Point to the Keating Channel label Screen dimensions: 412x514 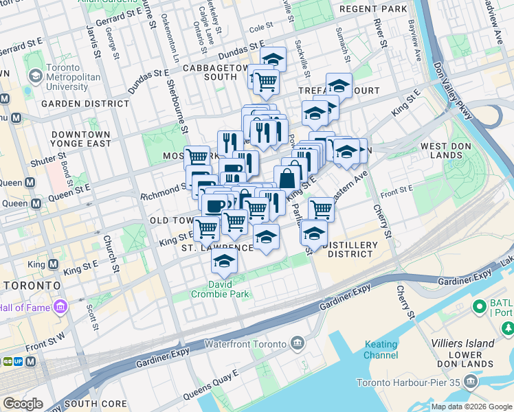381,350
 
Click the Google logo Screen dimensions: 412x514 23,404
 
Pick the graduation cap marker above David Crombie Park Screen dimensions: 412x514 224,262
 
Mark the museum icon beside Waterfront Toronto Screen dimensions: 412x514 297,343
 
